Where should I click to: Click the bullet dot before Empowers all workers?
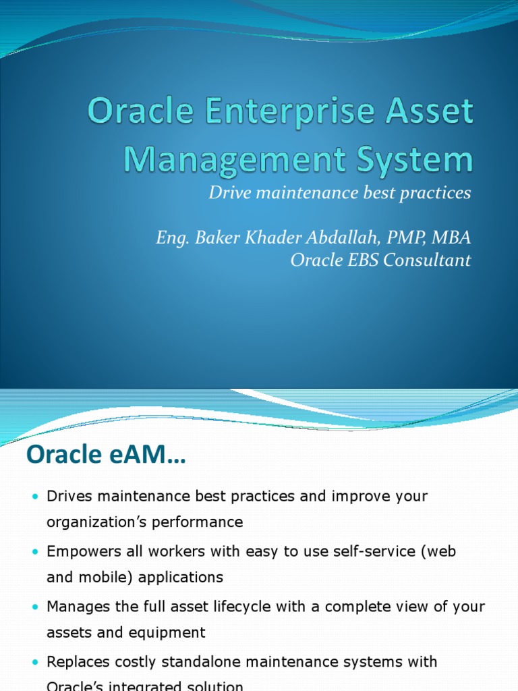(x=36, y=552)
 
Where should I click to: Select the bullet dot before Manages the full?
(x=36, y=607)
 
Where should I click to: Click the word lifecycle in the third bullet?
(x=243, y=607)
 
